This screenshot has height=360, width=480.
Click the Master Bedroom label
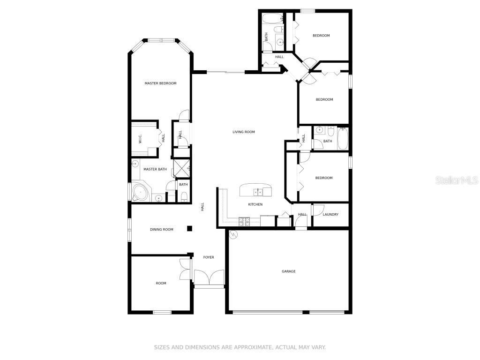tap(160, 83)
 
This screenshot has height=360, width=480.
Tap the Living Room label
tap(244, 132)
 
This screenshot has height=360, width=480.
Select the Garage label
tap(288, 271)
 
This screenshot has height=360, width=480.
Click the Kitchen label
tap(255, 204)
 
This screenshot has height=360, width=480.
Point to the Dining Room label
tap(162, 230)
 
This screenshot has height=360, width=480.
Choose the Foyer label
tap(209, 257)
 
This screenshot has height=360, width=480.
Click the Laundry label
tap(330, 215)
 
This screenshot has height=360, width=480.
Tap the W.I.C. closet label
tap(140, 139)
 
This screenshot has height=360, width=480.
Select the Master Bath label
tap(155, 169)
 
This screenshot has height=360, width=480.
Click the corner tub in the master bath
tap(140, 192)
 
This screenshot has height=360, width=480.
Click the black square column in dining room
tap(190, 229)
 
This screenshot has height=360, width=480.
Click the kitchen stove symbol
tap(244, 219)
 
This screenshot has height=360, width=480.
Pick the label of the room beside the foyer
tap(161, 283)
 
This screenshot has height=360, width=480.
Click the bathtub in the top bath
tap(270, 19)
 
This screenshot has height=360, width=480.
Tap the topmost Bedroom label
tap(321, 36)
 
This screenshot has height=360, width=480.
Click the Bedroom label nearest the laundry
tap(324, 178)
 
